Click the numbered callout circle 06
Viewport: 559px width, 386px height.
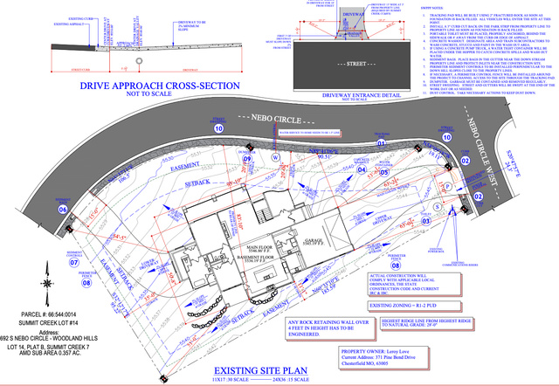[x=63, y=210]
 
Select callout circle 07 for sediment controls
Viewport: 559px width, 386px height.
[x=74, y=261]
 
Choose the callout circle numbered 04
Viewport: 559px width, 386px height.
[x=361, y=171]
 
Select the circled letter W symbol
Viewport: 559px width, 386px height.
[x=276, y=158]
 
